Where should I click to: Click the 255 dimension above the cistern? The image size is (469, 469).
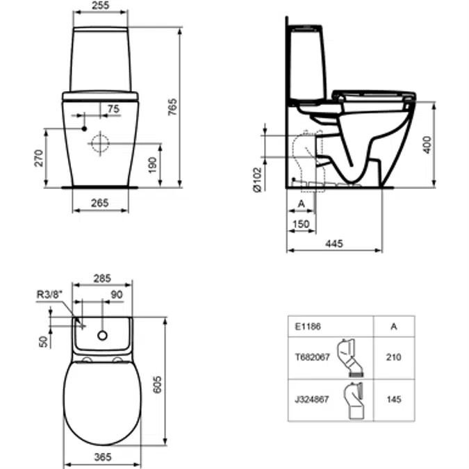(x=101, y=6)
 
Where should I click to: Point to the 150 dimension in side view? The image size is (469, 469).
(x=300, y=224)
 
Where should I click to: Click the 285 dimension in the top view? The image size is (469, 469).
(x=102, y=279)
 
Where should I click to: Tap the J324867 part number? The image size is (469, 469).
(x=306, y=400)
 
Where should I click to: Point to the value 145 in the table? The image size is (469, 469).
(x=393, y=400)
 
